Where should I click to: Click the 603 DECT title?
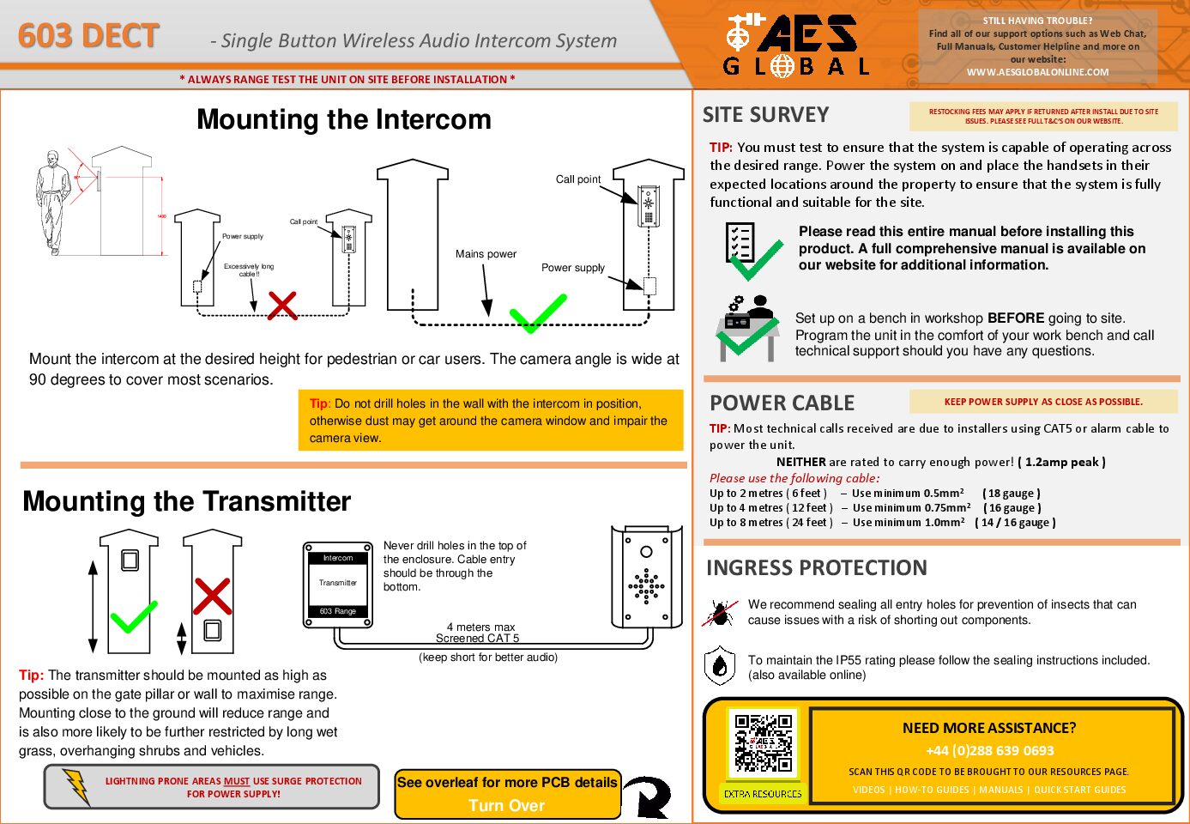tap(88, 36)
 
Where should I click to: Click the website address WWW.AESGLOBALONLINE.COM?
tap(1037, 72)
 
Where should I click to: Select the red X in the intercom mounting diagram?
tap(282, 305)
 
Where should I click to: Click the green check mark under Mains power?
tap(538, 313)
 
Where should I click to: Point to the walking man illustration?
tap(53, 202)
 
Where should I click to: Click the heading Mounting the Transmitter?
tap(187, 501)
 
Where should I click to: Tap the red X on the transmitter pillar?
tap(212, 597)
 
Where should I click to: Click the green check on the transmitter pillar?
tap(134, 616)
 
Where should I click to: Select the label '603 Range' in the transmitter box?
tap(337, 611)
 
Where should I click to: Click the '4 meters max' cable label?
tap(480, 627)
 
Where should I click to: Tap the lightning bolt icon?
tap(76, 786)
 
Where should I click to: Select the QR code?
tap(763, 743)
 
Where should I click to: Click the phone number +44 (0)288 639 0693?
tap(989, 750)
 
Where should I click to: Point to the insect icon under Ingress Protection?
tap(720, 613)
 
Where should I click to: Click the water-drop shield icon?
tap(720, 666)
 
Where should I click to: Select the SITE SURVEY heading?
tap(765, 115)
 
